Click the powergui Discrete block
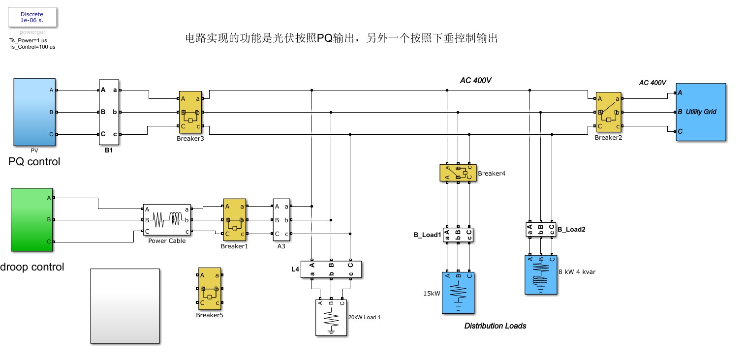(32, 17)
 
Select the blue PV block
(34, 112)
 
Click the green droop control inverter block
(32, 219)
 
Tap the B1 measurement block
(109, 112)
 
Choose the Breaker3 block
(190, 113)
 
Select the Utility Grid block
(701, 112)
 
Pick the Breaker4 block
(458, 173)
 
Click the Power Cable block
(167, 220)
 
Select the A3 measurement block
(281, 220)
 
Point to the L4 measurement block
(331, 270)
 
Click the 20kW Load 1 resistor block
(331, 318)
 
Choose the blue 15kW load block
(458, 293)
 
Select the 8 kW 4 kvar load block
(541, 275)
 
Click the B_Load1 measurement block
(458, 235)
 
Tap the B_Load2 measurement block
(541, 229)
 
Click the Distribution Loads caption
(495, 326)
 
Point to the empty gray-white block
(125, 306)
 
